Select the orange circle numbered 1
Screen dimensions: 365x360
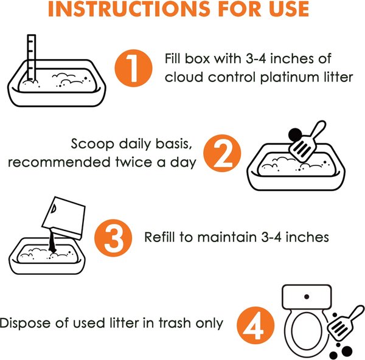point(133,68)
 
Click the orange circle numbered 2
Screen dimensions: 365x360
point(222,153)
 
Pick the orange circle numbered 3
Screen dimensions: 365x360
point(113,238)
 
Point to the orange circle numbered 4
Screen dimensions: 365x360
point(255,325)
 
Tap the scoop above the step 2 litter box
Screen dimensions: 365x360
point(306,142)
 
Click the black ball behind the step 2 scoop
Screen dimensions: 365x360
point(294,135)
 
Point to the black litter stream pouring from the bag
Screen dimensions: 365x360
point(52,242)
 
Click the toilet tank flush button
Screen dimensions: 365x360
point(307,297)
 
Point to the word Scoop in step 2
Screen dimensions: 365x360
point(92,144)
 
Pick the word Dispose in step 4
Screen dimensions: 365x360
point(25,324)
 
